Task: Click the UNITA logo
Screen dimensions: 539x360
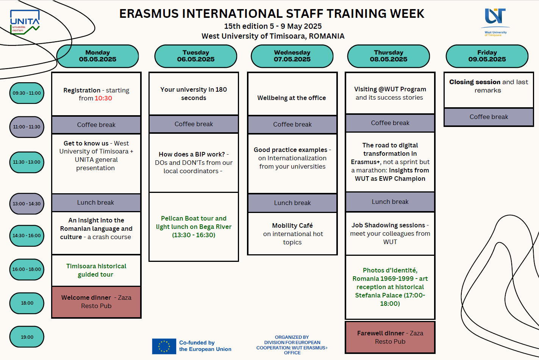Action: [x=25, y=22]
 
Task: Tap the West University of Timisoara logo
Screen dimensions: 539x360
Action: [x=495, y=22]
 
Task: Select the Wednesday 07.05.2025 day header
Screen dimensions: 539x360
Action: [x=292, y=56]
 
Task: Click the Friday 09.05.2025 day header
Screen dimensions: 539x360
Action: [x=487, y=56]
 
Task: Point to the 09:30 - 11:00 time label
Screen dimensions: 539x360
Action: [x=27, y=93]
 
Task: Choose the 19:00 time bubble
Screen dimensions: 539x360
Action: [x=27, y=337]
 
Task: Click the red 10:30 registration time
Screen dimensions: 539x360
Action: [x=103, y=98]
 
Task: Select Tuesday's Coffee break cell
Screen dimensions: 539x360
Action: [x=194, y=124]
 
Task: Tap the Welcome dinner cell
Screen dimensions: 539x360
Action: [x=96, y=302]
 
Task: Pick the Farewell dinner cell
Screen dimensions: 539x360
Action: [x=390, y=337]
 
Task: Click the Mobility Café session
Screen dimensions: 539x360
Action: [x=292, y=233]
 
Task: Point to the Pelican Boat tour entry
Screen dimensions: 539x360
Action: [x=194, y=227]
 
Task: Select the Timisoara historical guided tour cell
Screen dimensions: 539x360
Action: [x=96, y=270]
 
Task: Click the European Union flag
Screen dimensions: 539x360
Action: [x=164, y=346]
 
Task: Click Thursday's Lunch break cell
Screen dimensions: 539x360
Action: [x=390, y=202]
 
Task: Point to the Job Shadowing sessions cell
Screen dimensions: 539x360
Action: [x=390, y=233]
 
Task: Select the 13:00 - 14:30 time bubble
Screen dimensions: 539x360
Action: [x=27, y=204]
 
